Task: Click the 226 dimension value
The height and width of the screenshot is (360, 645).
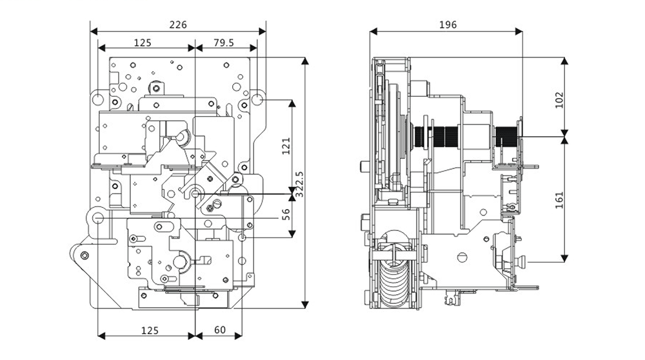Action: [x=178, y=25]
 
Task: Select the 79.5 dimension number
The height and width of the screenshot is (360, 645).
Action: [x=224, y=43]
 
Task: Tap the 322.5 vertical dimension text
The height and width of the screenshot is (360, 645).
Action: [x=299, y=185]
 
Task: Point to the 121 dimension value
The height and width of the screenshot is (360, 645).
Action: [x=286, y=146]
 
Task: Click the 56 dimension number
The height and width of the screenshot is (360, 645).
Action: [x=286, y=214]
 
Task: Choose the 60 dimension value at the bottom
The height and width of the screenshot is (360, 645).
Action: [x=220, y=330]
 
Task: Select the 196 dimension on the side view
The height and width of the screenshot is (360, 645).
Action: [x=448, y=25]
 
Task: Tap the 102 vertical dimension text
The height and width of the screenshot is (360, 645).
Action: [x=559, y=100]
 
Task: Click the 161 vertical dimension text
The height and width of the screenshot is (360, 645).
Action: [x=559, y=201]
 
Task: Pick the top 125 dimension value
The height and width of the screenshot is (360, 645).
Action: [x=143, y=43]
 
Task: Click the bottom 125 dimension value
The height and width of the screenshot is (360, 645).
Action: [x=150, y=330]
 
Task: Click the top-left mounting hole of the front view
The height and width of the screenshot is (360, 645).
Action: [x=98, y=99]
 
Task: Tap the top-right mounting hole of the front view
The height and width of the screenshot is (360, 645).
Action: [x=257, y=99]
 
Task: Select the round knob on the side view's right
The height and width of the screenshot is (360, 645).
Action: [x=522, y=262]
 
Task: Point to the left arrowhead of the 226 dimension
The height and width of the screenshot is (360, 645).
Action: [x=94, y=31]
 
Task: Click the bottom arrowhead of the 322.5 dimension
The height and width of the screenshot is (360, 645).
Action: [x=305, y=305]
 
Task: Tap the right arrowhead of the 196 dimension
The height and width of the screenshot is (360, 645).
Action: [x=519, y=31]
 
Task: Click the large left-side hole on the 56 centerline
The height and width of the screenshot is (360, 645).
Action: [x=98, y=218]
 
